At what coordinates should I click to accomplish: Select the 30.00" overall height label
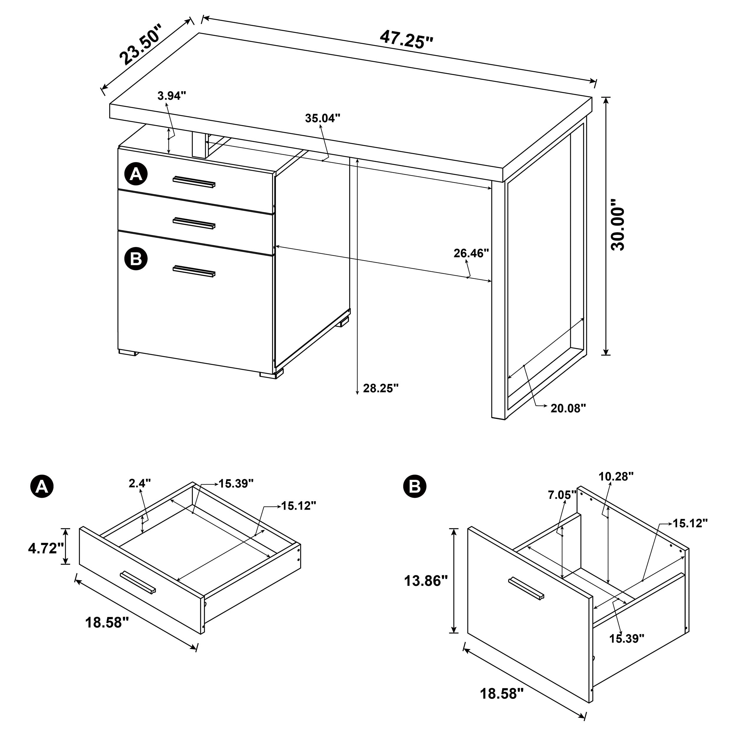click(618, 229)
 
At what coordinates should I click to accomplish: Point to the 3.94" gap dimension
click(172, 96)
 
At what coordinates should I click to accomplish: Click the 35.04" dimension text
click(322, 118)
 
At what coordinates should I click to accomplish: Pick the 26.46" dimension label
click(471, 253)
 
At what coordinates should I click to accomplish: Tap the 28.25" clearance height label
click(381, 388)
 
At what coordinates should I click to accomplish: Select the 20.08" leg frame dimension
click(568, 408)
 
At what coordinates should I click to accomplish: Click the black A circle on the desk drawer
click(136, 175)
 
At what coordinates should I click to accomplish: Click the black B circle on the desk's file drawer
click(136, 259)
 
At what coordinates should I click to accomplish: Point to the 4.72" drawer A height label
click(46, 548)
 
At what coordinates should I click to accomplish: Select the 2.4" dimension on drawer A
click(140, 483)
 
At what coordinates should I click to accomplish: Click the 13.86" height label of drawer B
click(425, 581)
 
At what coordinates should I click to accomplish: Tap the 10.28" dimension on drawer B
click(616, 476)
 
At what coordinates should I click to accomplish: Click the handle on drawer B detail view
click(526, 599)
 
